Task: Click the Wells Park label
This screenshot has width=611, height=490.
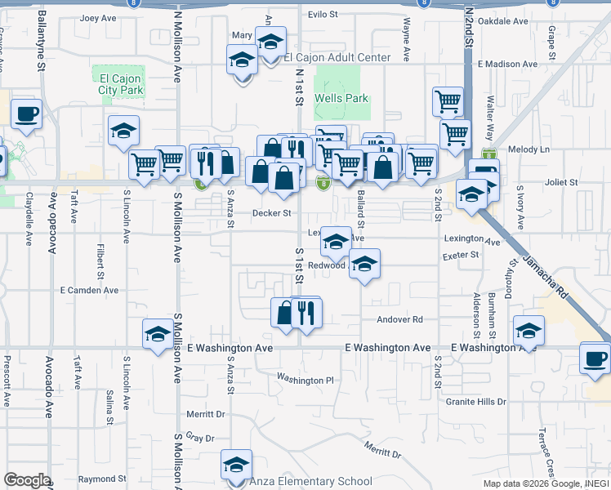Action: pos(341,98)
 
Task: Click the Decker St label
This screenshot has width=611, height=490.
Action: pos(271,214)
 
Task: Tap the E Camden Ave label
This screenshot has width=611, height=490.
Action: pos(89,290)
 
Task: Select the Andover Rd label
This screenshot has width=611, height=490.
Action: pos(400,319)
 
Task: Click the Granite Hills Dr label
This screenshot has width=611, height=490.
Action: pos(476,402)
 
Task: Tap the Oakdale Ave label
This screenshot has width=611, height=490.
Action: pos(506,21)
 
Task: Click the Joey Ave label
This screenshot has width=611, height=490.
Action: pos(98,17)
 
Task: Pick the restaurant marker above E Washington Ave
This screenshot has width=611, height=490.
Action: pos(306,311)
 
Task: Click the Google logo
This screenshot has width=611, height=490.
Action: pos(27,480)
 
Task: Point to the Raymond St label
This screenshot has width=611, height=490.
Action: pos(102,479)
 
